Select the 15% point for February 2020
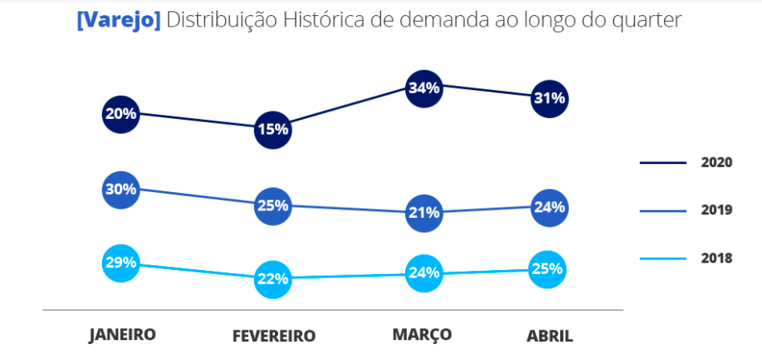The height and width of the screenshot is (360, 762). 272,129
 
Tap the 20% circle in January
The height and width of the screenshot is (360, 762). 121,114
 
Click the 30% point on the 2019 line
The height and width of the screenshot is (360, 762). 121,190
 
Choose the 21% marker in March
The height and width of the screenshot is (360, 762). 424,213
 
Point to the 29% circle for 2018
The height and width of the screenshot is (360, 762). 121,263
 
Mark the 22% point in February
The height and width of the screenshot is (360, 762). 272,279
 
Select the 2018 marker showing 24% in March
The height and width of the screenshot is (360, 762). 424,272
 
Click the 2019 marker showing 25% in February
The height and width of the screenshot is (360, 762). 272,206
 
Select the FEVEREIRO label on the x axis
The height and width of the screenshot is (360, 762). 273,336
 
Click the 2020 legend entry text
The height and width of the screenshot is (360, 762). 716,162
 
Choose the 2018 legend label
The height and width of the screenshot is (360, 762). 716,259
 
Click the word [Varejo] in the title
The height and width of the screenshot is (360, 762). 118,21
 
